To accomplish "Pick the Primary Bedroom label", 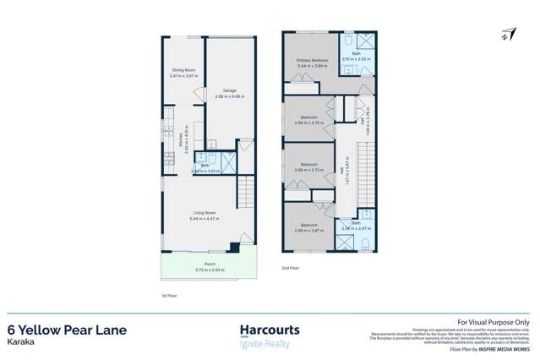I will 312,62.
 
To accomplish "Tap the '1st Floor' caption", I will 168,296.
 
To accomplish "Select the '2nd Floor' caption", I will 292,268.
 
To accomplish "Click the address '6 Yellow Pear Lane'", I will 68,330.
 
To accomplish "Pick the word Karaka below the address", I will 21,344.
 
